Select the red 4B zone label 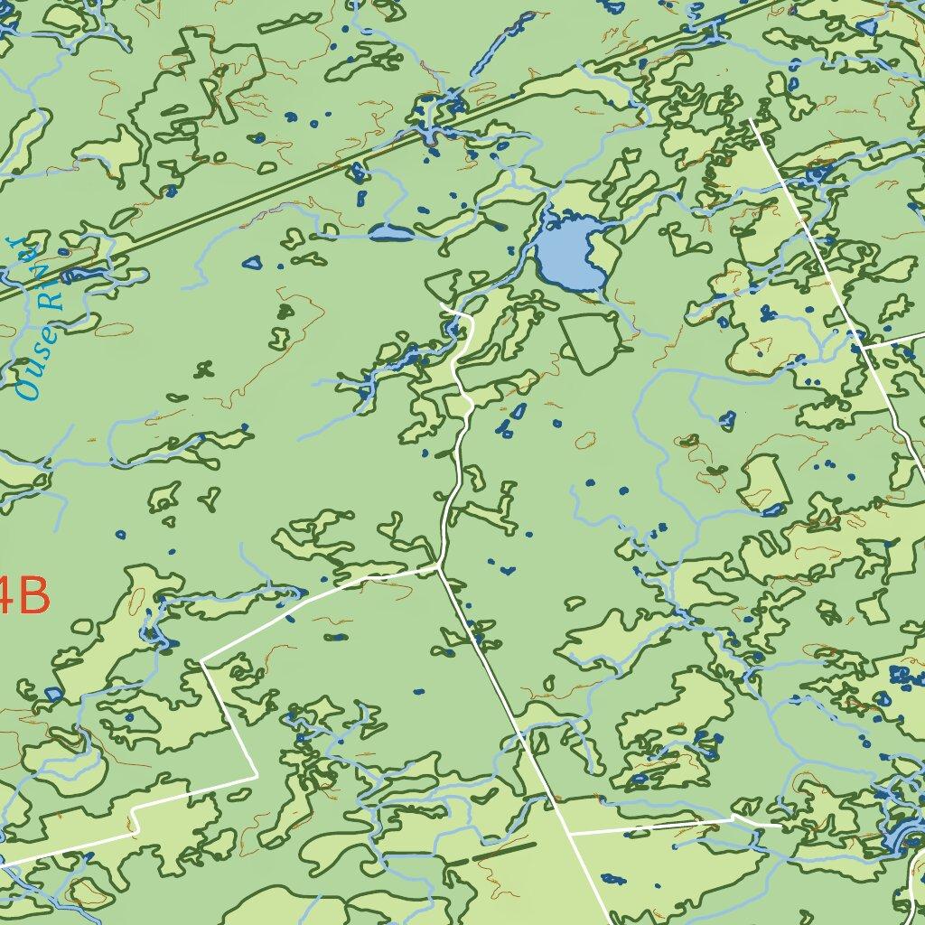(22, 596)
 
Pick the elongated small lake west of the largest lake (391, 234)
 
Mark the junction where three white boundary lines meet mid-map (439, 566)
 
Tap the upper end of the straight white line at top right (752, 121)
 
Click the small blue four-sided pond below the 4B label (52, 695)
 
